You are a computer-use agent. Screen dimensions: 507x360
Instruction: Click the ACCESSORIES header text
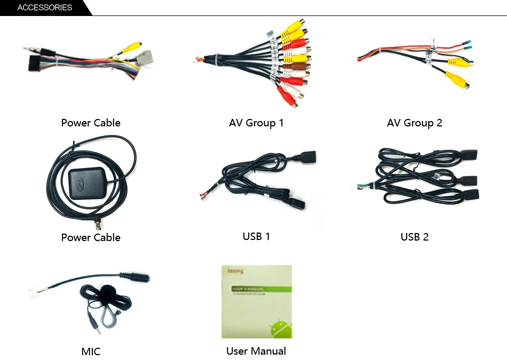click(x=45, y=7)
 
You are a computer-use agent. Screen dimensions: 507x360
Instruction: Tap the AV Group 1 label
click(x=256, y=123)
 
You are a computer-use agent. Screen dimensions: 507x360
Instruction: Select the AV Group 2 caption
click(x=415, y=123)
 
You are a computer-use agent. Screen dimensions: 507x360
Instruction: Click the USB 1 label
click(x=256, y=236)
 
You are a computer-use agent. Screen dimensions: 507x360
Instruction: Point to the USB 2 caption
click(x=415, y=236)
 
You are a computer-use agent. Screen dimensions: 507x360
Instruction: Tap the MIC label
click(x=91, y=351)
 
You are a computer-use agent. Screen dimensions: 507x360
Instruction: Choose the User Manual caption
click(x=256, y=351)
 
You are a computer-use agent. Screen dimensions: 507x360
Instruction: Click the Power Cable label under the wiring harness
click(x=91, y=123)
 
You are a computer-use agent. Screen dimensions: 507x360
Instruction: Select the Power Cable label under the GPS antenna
click(x=91, y=237)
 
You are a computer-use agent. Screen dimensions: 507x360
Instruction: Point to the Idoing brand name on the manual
click(x=235, y=271)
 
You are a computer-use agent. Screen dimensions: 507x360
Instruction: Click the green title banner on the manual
click(x=261, y=290)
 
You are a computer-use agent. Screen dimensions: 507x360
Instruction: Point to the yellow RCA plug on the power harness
click(x=131, y=48)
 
